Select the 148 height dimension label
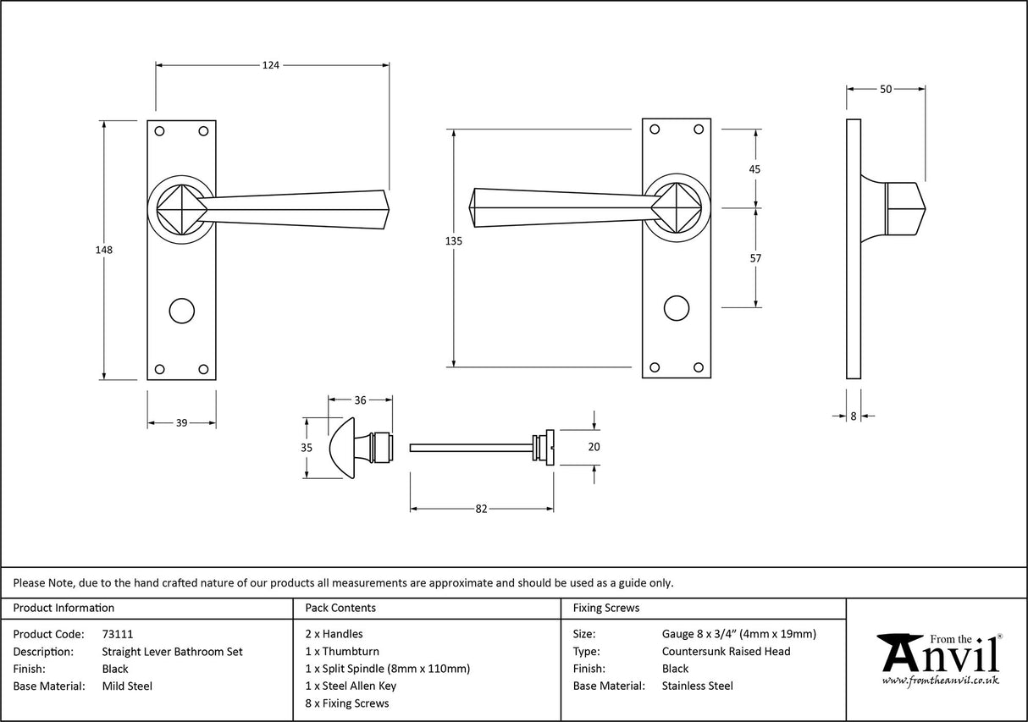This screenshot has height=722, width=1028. pos(104,251)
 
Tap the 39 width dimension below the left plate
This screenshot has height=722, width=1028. pos(181,423)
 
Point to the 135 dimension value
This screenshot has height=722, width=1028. pos(454,241)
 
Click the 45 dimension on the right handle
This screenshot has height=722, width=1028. pos(755,169)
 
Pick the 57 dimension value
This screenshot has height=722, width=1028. pos(755,258)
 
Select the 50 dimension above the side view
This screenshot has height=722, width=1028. pos(885,88)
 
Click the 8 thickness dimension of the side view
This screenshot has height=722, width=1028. pos(853,416)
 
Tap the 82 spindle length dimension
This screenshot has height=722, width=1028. pos(481,509)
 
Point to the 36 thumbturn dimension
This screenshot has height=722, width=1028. pos(360,400)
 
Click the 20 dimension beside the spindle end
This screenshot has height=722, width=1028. pos(594,447)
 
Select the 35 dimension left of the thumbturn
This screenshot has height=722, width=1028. pos(307,448)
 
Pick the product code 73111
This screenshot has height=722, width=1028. pos(117,634)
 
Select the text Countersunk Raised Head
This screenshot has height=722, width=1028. pos(726,652)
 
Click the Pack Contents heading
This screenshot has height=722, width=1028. pos(340,608)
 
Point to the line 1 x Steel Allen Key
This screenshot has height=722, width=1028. pos(351,686)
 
